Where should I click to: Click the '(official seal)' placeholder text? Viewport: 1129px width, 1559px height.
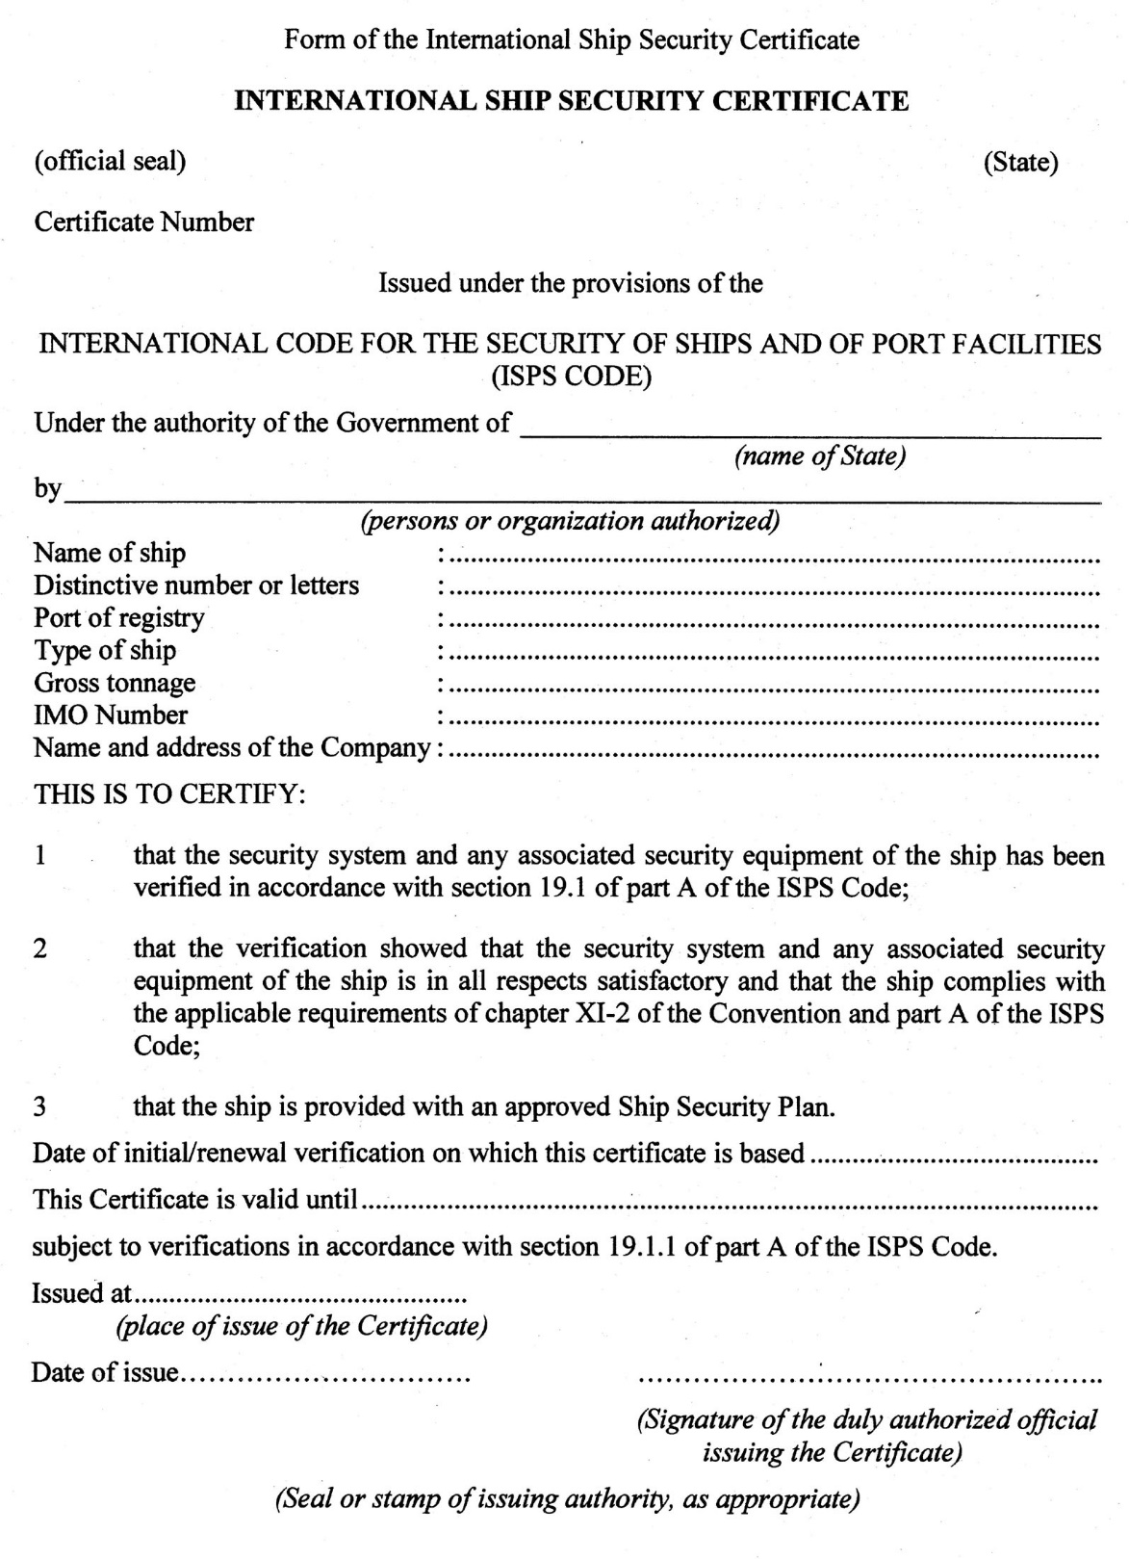110,161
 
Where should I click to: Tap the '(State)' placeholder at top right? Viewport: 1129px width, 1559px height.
1020,162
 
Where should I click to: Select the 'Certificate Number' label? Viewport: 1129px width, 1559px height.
144,222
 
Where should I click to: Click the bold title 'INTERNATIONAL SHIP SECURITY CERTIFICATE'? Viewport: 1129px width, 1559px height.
572,101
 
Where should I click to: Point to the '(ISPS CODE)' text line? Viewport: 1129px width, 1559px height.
572,377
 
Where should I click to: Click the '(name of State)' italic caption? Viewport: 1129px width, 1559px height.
820,455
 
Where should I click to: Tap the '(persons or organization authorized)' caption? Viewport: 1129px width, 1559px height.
570,521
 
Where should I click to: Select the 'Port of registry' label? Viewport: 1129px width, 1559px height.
119,617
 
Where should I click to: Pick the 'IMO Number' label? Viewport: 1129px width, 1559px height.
111,715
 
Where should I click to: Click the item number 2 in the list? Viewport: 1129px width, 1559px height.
39,948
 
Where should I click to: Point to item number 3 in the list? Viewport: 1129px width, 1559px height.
39,1106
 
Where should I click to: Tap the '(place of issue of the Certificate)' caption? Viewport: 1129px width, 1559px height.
301,1326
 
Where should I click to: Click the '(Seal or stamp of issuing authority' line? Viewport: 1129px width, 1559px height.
567,1499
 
